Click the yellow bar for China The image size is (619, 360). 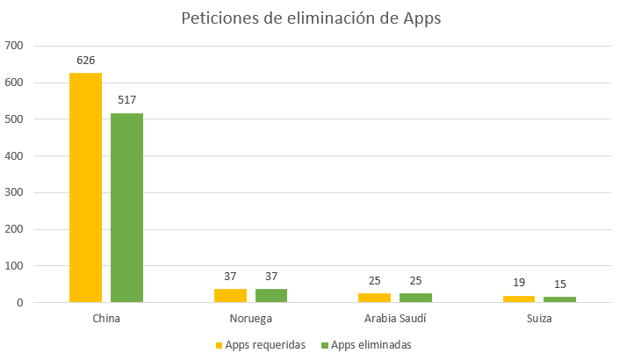(86, 187)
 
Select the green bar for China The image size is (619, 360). (126, 207)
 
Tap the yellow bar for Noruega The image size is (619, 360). (230, 296)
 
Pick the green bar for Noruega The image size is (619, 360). (271, 296)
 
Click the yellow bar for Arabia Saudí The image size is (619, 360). (374, 298)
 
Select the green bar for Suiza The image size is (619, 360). (559, 299)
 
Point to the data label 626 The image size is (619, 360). (86, 61)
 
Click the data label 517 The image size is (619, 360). (126, 100)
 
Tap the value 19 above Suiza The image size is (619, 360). (519, 283)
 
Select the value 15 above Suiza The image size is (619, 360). (559, 284)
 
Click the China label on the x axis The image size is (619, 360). (106, 318)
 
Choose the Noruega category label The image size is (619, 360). (250, 318)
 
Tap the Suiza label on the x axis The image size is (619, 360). (538, 318)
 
